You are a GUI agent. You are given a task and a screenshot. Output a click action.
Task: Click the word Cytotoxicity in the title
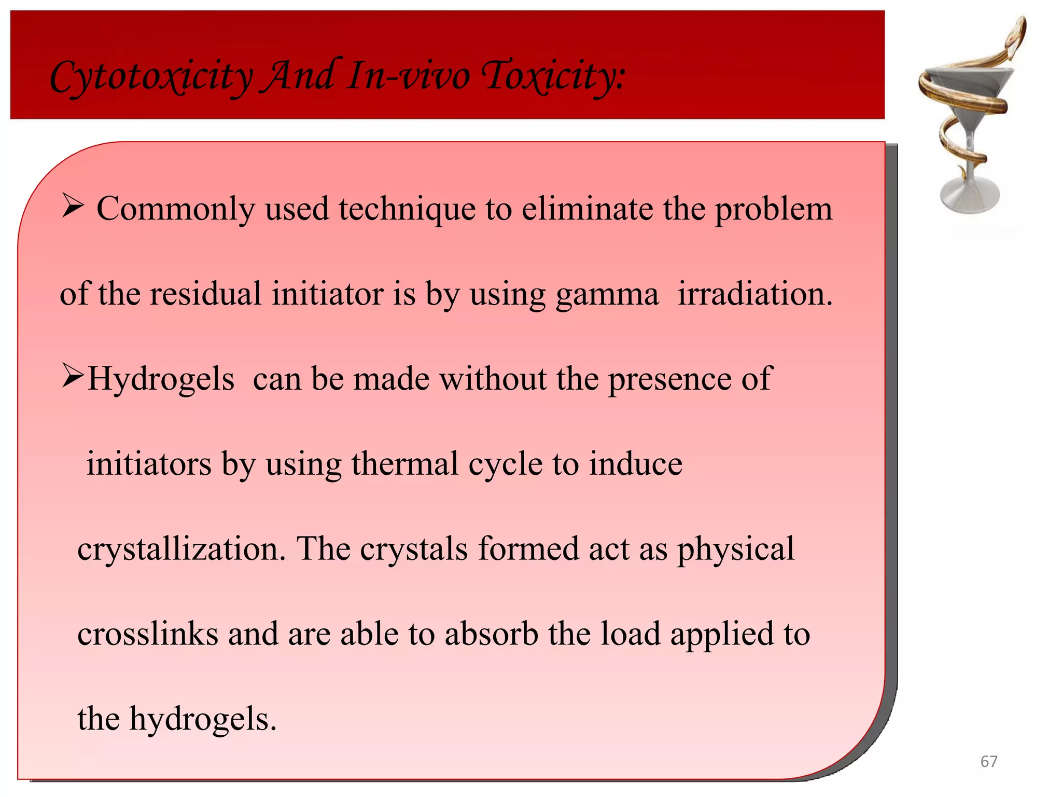coord(151,76)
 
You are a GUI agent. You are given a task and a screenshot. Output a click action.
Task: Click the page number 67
coord(988,761)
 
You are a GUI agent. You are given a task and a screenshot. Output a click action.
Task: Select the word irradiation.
coord(755,294)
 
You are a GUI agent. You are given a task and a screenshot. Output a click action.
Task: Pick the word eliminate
coord(587,209)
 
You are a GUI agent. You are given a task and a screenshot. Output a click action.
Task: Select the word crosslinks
coord(148,634)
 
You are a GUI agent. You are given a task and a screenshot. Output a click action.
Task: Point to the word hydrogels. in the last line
coord(203,719)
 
